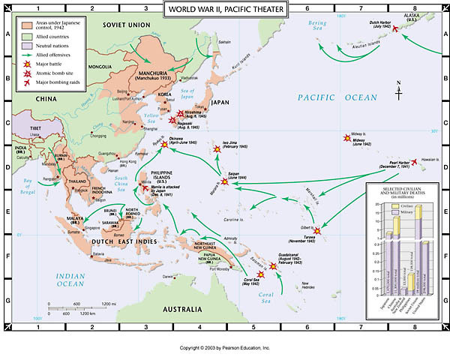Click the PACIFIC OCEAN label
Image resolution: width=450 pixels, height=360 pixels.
[x=334, y=97]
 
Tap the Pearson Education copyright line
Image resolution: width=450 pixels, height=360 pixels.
[x=224, y=348]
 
